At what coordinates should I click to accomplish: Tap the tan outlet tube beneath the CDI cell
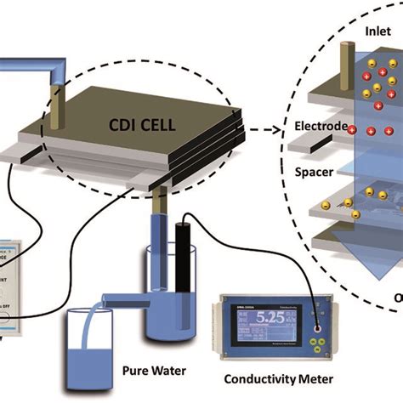[161, 204]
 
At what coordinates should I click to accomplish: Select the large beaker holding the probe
[165, 281]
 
